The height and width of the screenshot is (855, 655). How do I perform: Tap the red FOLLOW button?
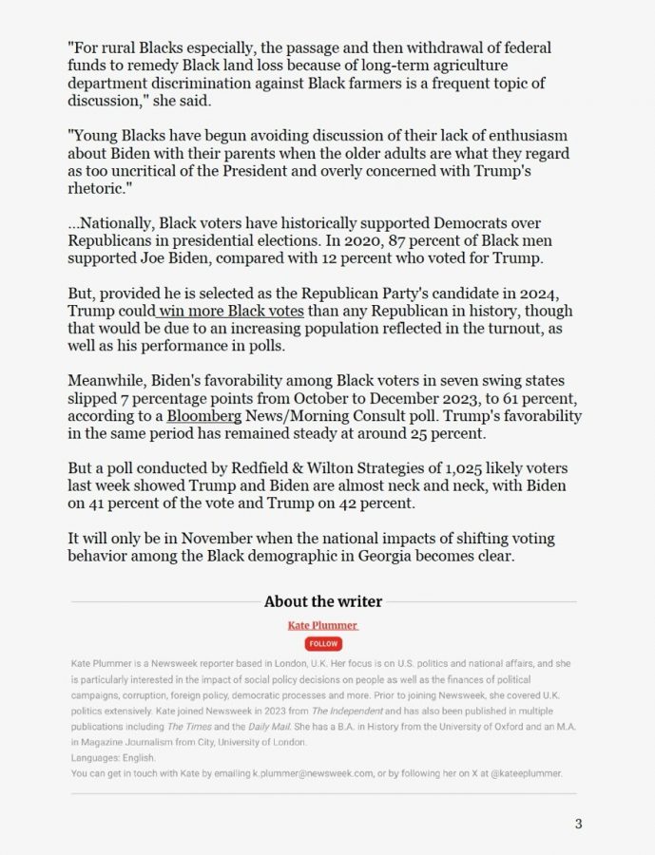[323, 643]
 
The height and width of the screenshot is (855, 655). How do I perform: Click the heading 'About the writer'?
[323, 601]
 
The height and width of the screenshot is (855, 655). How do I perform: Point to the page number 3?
[578, 823]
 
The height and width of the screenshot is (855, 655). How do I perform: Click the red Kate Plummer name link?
[323, 625]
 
